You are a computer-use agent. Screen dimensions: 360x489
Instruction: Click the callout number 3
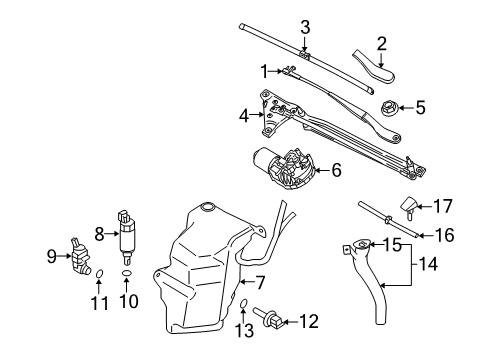tap(305, 26)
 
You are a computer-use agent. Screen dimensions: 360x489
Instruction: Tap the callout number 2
tap(380, 42)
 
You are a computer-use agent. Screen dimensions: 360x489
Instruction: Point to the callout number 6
tap(336, 170)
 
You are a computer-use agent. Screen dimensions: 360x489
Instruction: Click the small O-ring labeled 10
tap(126, 272)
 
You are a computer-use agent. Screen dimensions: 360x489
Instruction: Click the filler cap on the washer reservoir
tap(208, 207)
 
